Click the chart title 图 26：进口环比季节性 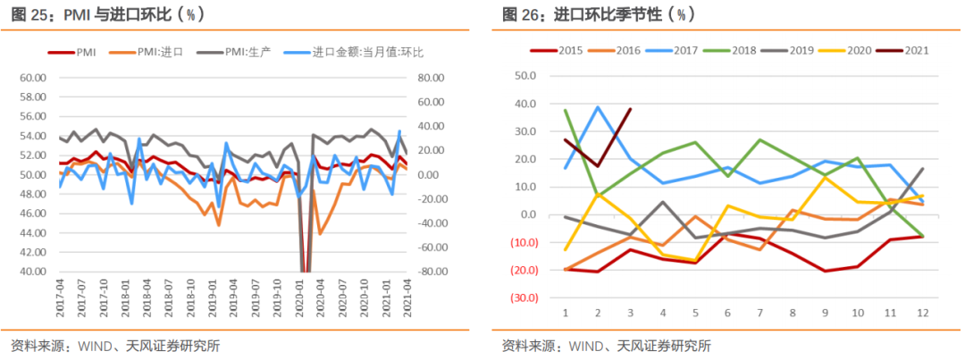599,15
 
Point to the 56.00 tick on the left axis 32,116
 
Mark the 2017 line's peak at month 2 598,107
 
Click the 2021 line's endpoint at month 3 630,109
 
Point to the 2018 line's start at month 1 566,110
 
